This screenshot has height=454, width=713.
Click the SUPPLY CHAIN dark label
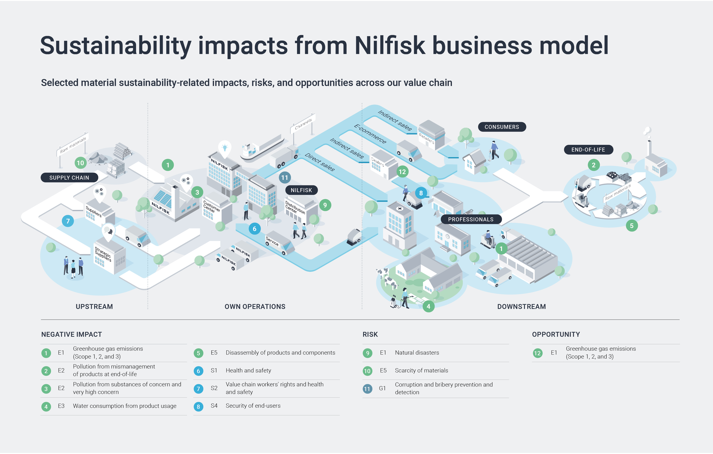coord(69,178)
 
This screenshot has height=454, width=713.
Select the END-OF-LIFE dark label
coord(588,150)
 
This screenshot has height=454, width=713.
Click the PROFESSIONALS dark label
coord(470,219)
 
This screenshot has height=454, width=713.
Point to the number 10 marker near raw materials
coord(80,163)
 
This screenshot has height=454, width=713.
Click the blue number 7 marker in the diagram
coord(68,221)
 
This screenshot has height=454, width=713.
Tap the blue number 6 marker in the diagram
coord(254,229)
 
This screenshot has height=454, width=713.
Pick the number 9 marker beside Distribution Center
coord(325,205)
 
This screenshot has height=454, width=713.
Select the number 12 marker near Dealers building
coord(402,172)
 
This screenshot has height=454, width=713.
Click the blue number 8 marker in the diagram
coord(421,193)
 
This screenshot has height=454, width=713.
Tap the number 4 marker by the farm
coord(428,306)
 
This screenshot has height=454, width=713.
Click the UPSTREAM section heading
coord(94,307)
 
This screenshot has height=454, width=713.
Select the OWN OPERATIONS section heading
coord(255,307)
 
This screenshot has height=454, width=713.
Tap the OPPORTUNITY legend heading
coord(556,334)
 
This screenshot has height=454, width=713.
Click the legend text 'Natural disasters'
coord(417,353)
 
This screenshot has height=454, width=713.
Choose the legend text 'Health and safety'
coord(248,371)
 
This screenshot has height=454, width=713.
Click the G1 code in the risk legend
coord(382,388)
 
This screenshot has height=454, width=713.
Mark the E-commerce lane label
coord(370,134)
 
